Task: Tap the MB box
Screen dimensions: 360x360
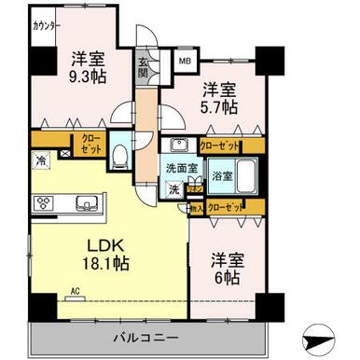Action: (185, 62)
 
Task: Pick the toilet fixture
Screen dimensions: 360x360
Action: (119, 154)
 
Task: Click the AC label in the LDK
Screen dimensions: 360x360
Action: (76, 290)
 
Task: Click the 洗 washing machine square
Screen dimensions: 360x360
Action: (174, 188)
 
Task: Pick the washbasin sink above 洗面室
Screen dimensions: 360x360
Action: (180, 145)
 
